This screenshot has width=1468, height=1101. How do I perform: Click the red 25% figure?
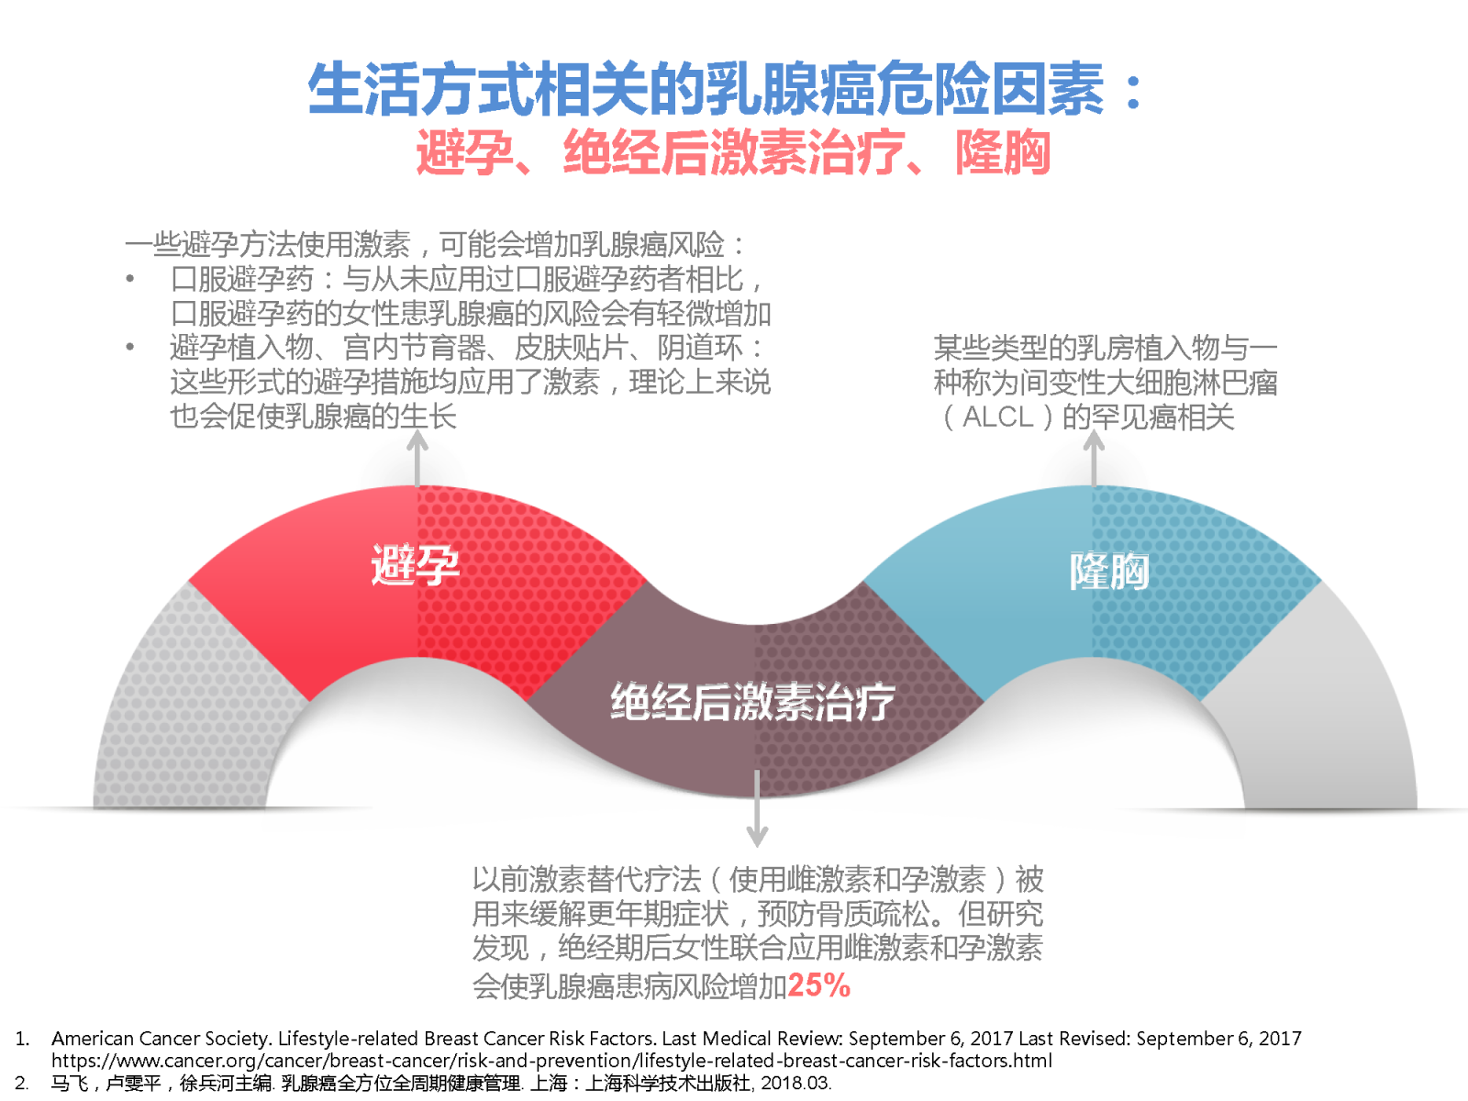coord(818,984)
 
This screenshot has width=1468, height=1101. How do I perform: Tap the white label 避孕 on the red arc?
coord(416,565)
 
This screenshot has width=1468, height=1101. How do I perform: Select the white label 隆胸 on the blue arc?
coord(1109,572)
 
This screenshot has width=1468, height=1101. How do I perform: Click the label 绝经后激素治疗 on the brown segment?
coord(752,702)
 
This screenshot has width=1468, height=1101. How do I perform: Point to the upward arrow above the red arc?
coord(417,458)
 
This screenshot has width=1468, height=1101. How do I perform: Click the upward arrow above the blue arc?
coord(1094,458)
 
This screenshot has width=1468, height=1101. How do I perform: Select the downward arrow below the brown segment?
coord(757,809)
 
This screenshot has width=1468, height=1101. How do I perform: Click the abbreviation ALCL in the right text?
coord(998,417)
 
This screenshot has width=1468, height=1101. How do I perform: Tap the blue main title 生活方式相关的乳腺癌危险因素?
coord(706,88)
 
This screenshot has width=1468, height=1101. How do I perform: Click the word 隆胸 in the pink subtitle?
coord(1003,152)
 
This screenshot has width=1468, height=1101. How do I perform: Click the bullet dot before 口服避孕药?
coord(129,279)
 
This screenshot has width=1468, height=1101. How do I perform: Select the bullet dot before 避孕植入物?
coord(129,347)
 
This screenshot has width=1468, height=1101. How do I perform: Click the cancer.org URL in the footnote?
coord(551,1061)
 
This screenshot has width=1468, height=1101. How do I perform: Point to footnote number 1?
coord(22,1039)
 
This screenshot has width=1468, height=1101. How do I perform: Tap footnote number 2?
coord(22,1083)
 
